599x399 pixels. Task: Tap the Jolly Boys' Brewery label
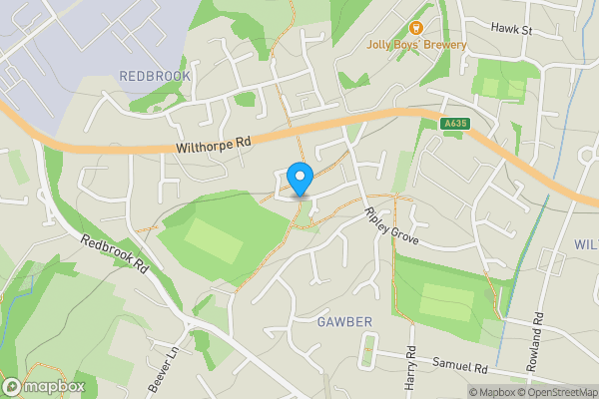point(443,45)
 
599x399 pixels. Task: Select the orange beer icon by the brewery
point(416,28)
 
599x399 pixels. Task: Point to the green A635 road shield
point(454,124)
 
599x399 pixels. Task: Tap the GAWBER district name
point(344,322)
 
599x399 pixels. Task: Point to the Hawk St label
point(512,30)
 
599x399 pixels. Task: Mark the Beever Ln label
point(169,370)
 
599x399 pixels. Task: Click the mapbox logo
point(44,386)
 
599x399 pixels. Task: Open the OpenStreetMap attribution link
point(560,392)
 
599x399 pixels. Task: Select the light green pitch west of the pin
point(209,239)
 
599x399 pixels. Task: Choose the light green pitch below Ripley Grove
point(445,300)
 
